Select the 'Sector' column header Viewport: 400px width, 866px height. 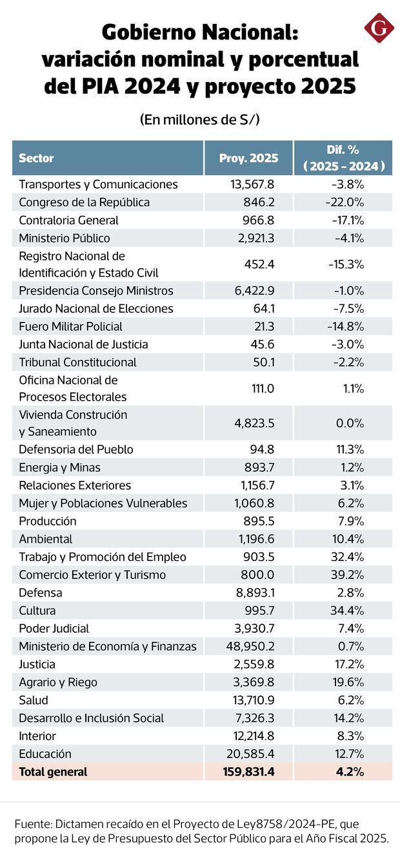[36, 158]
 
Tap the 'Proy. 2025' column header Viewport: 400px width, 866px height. [248, 158]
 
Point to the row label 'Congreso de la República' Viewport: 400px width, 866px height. [84, 202]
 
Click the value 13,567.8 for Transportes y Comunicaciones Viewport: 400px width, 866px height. [252, 184]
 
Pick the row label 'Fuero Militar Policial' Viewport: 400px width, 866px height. [70, 326]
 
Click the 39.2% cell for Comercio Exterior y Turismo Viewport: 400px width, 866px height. [348, 575]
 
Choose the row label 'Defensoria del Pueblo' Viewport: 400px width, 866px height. [76, 449]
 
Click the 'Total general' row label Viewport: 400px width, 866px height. [53, 772]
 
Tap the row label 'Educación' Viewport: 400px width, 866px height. [45, 754]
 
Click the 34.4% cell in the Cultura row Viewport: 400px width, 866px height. [348, 611]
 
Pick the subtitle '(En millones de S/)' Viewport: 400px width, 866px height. [200, 120]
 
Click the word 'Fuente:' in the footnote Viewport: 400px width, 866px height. [33, 825]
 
